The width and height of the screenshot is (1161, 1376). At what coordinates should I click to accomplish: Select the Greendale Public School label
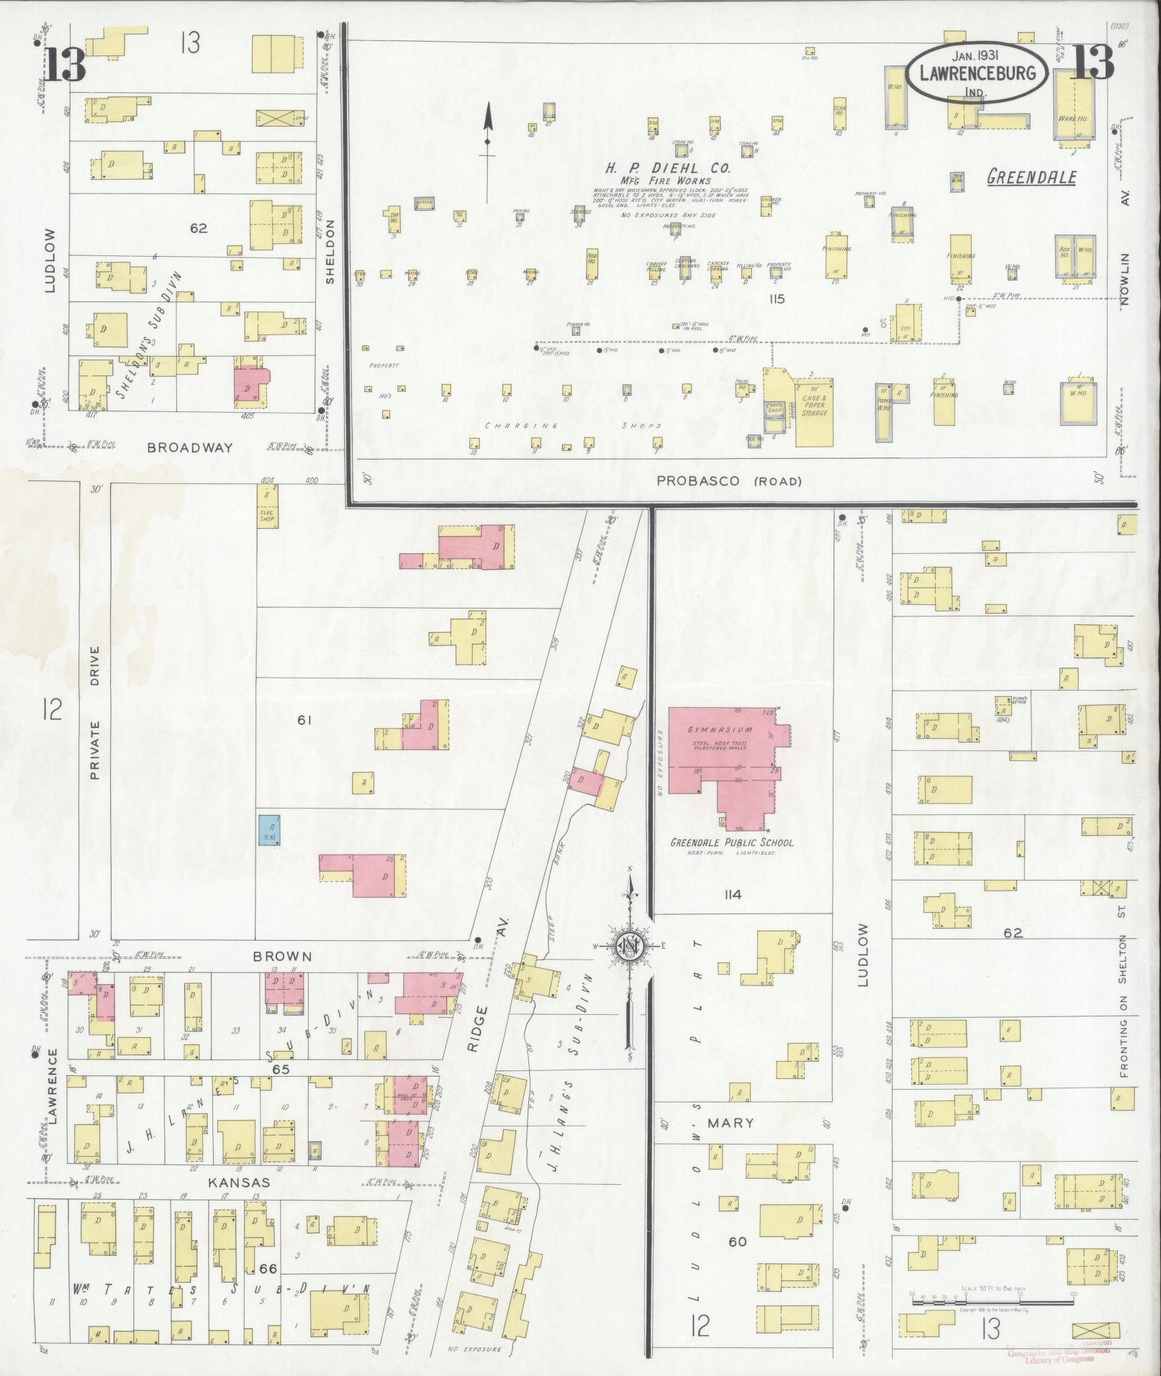click(732, 842)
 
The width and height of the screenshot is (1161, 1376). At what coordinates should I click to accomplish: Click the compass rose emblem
click(629, 947)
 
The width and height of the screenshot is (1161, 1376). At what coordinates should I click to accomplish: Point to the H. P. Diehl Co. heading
click(667, 168)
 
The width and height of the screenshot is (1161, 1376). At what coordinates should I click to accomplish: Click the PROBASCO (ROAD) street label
click(728, 481)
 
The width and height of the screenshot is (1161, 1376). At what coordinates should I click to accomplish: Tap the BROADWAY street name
click(190, 447)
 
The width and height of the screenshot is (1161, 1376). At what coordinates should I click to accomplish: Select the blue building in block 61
click(269, 829)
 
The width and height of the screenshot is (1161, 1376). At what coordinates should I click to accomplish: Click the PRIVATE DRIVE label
click(95, 712)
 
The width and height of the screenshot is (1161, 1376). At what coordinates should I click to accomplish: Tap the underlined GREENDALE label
click(1031, 177)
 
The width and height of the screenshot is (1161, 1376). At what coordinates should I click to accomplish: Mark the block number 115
click(775, 299)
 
